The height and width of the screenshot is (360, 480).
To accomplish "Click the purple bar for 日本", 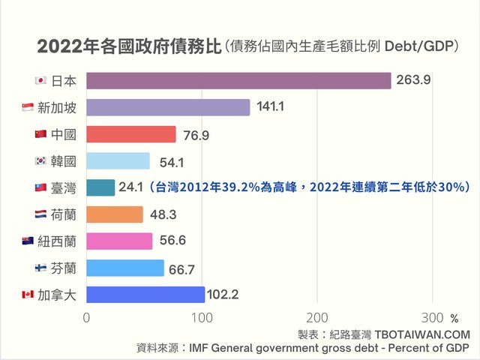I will click(x=238, y=81).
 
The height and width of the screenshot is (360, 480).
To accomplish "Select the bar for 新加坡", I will click(x=168, y=107).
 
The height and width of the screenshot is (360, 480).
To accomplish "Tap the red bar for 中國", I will click(x=131, y=134).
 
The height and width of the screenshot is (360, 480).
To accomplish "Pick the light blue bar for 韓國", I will click(x=118, y=160).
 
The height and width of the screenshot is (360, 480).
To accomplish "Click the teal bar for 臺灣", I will click(x=100, y=187).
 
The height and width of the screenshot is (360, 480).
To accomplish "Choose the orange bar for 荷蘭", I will click(x=115, y=214).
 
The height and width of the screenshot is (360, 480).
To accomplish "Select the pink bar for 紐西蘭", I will click(x=119, y=241).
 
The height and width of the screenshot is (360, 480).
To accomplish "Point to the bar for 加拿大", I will click(x=145, y=294).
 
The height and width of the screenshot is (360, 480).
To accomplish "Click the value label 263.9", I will click(x=413, y=81).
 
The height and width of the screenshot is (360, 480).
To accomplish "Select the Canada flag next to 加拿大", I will click(x=28, y=294).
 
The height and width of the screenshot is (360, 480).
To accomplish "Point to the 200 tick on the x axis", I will click(x=317, y=317).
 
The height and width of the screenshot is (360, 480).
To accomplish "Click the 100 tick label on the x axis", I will click(x=202, y=317).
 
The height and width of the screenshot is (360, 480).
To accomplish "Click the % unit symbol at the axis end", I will click(x=454, y=318).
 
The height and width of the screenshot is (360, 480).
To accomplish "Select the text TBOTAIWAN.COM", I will click(x=423, y=334).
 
